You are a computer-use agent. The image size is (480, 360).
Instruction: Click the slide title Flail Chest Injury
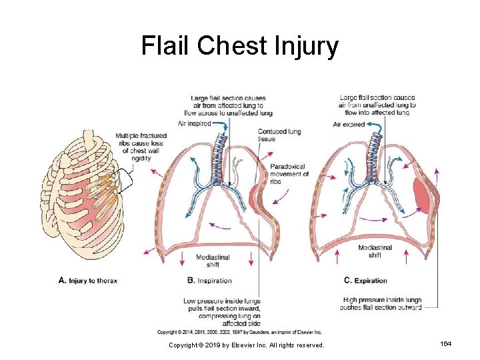[x=239, y=47]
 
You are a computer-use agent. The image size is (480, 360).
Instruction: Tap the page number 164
[x=445, y=343]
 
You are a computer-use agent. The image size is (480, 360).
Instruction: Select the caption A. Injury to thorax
[x=88, y=281]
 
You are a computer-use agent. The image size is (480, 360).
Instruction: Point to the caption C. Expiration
[x=365, y=281]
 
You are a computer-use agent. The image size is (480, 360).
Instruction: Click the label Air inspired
[x=195, y=123]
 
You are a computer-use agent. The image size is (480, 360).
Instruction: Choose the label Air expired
[x=349, y=124]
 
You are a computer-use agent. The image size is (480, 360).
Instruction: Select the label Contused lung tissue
[x=279, y=135]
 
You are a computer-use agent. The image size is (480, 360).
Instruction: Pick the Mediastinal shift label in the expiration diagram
[x=375, y=251]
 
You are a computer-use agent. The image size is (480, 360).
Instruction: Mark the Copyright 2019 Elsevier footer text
[x=246, y=345]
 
